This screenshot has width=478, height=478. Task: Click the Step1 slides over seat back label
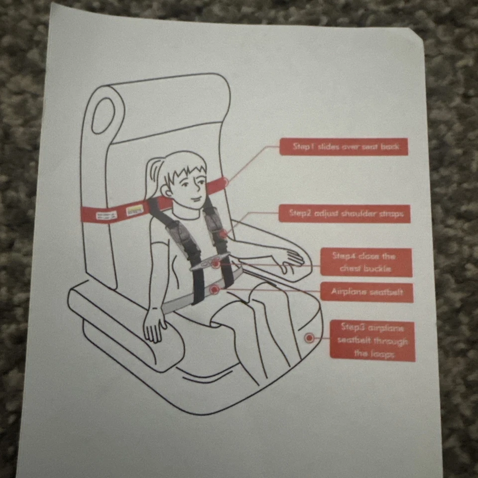point(344,147)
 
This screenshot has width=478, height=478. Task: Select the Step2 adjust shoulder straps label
point(344,214)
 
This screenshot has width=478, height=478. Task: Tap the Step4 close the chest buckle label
point(365,262)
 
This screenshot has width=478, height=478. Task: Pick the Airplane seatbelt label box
point(366,292)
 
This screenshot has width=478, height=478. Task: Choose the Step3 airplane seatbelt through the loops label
point(372,341)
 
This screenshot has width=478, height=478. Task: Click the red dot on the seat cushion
point(309,338)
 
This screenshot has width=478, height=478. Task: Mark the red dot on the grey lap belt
point(214,288)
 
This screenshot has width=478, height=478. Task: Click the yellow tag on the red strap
point(135,209)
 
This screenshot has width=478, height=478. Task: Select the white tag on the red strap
point(106,215)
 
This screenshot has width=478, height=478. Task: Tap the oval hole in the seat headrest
point(103,115)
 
